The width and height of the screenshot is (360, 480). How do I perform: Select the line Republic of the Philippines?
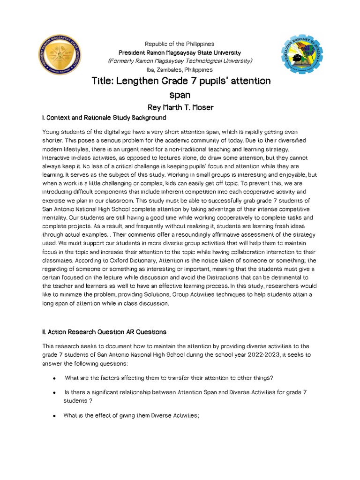180,44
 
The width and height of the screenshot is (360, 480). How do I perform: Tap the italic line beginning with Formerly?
180,61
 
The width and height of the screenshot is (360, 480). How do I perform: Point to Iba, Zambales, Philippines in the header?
180,69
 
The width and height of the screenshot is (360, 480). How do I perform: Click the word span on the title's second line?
180,95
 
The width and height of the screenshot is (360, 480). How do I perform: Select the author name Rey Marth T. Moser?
180,108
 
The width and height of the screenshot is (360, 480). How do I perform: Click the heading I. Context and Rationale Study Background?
104,117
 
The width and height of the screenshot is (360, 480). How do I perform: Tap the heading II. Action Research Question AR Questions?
104,332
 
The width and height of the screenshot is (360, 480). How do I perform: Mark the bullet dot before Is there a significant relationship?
55,392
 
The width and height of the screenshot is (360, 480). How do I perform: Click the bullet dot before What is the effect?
55,415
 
